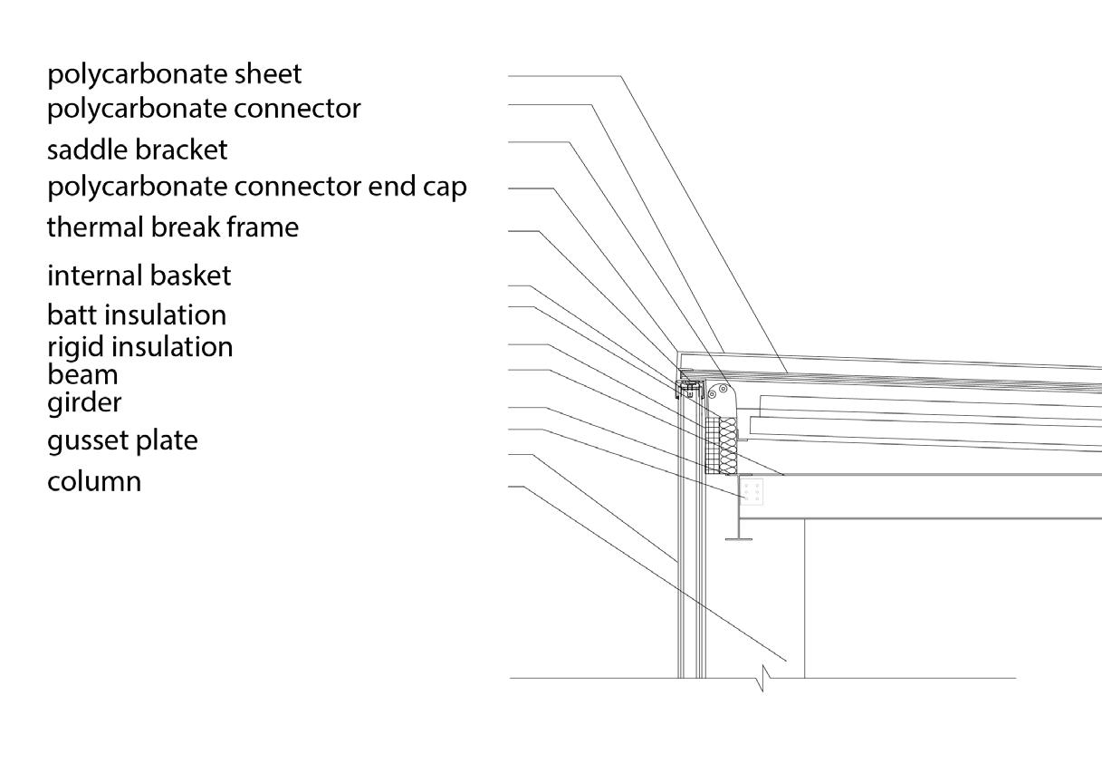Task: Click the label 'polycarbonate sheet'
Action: [174, 74]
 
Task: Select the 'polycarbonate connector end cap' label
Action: [256, 187]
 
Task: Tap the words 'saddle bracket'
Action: [137, 149]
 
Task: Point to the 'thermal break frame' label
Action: [172, 227]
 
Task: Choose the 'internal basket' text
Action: [139, 275]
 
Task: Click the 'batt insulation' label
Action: [136, 314]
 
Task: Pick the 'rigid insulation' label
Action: [139, 346]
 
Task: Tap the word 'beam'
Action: [82, 373]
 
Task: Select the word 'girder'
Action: [83, 401]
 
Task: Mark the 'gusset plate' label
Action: [121, 440]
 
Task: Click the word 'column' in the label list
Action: [94, 480]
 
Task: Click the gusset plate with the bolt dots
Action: [752, 492]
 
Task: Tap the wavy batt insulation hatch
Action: [728, 444]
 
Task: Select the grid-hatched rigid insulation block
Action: [712, 444]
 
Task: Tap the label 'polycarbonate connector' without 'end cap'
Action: [204, 109]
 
